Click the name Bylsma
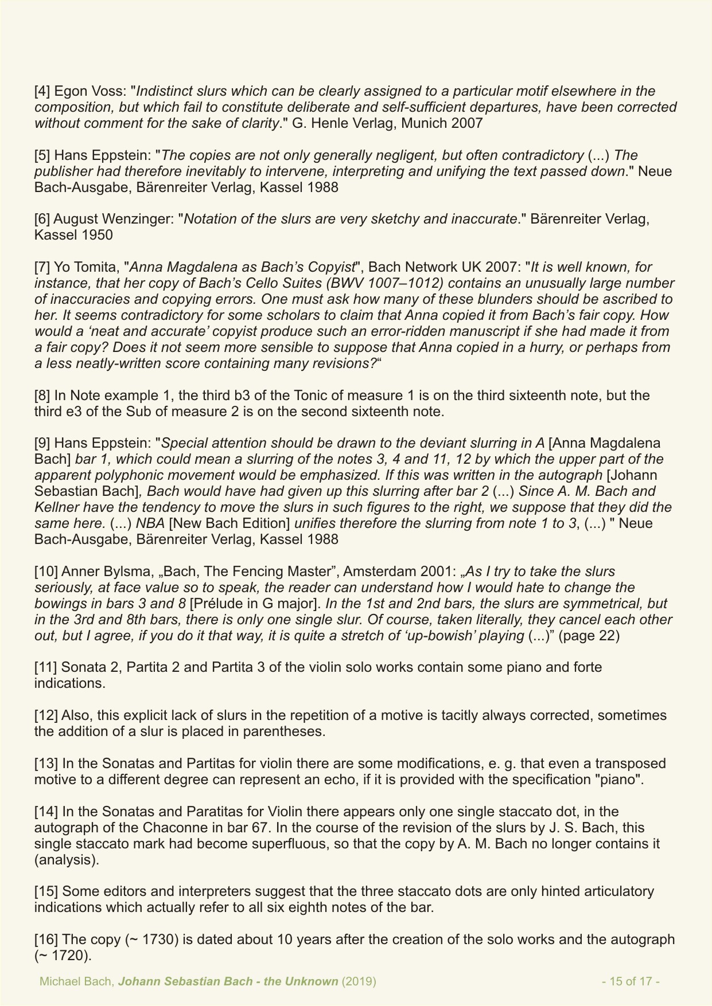coord(125,571)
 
